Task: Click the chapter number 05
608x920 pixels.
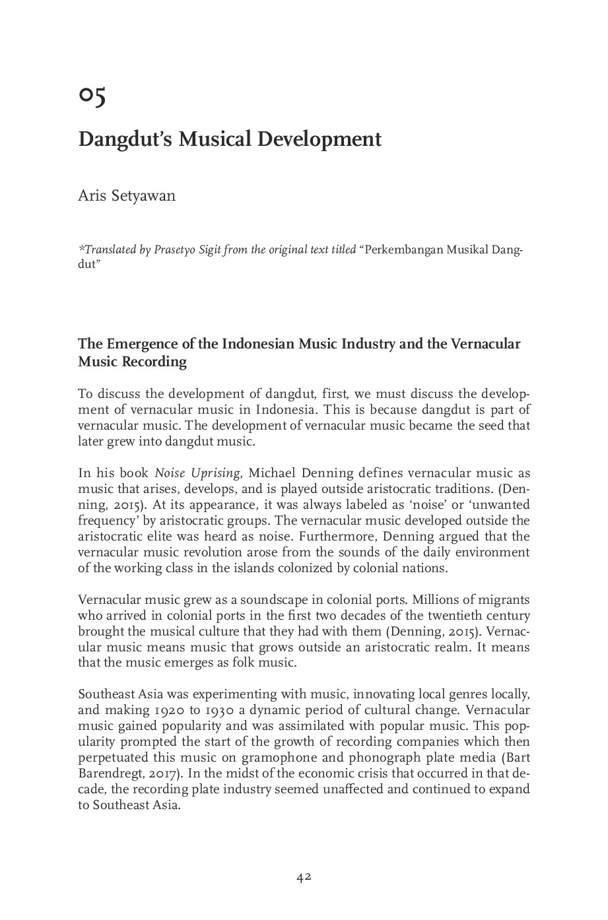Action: [x=92, y=96]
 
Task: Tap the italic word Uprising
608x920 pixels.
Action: [x=216, y=473]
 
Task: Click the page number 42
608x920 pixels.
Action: [x=304, y=878]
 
